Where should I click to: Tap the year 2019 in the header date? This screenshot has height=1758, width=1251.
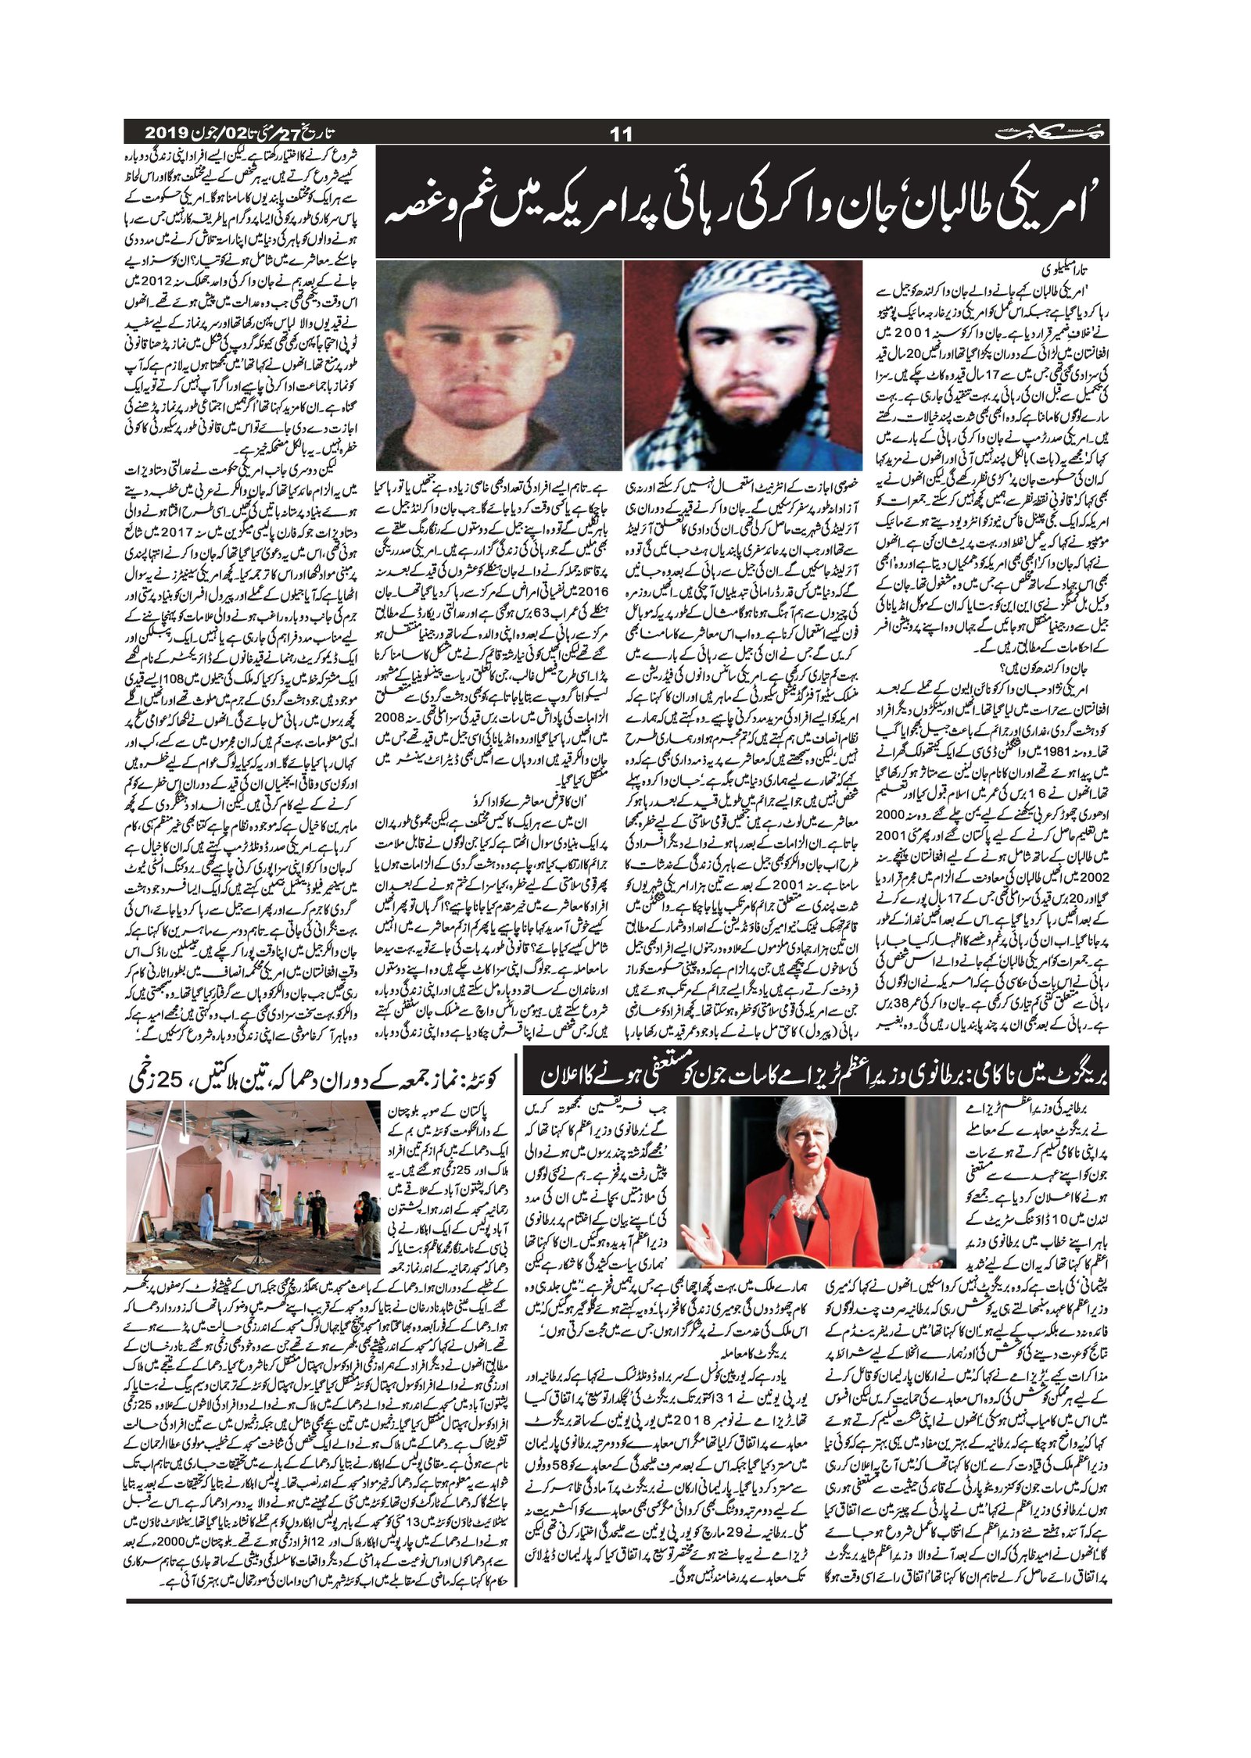(163, 131)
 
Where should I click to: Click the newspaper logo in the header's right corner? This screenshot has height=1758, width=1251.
(1052, 133)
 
